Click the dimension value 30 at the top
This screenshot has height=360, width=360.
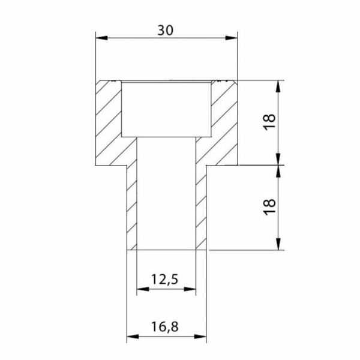click(166, 30)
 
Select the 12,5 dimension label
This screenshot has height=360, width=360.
click(164, 280)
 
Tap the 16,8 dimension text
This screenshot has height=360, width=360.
click(164, 326)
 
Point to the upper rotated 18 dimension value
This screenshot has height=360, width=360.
click(269, 122)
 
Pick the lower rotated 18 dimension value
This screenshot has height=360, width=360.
click(269, 207)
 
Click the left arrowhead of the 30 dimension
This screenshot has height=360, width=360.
click(101, 38)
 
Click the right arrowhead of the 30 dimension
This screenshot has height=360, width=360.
click(232, 38)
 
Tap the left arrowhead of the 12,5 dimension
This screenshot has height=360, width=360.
click(143, 289)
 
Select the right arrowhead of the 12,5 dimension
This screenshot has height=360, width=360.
click(190, 289)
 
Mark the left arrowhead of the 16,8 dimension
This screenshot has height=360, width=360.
click(133, 337)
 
